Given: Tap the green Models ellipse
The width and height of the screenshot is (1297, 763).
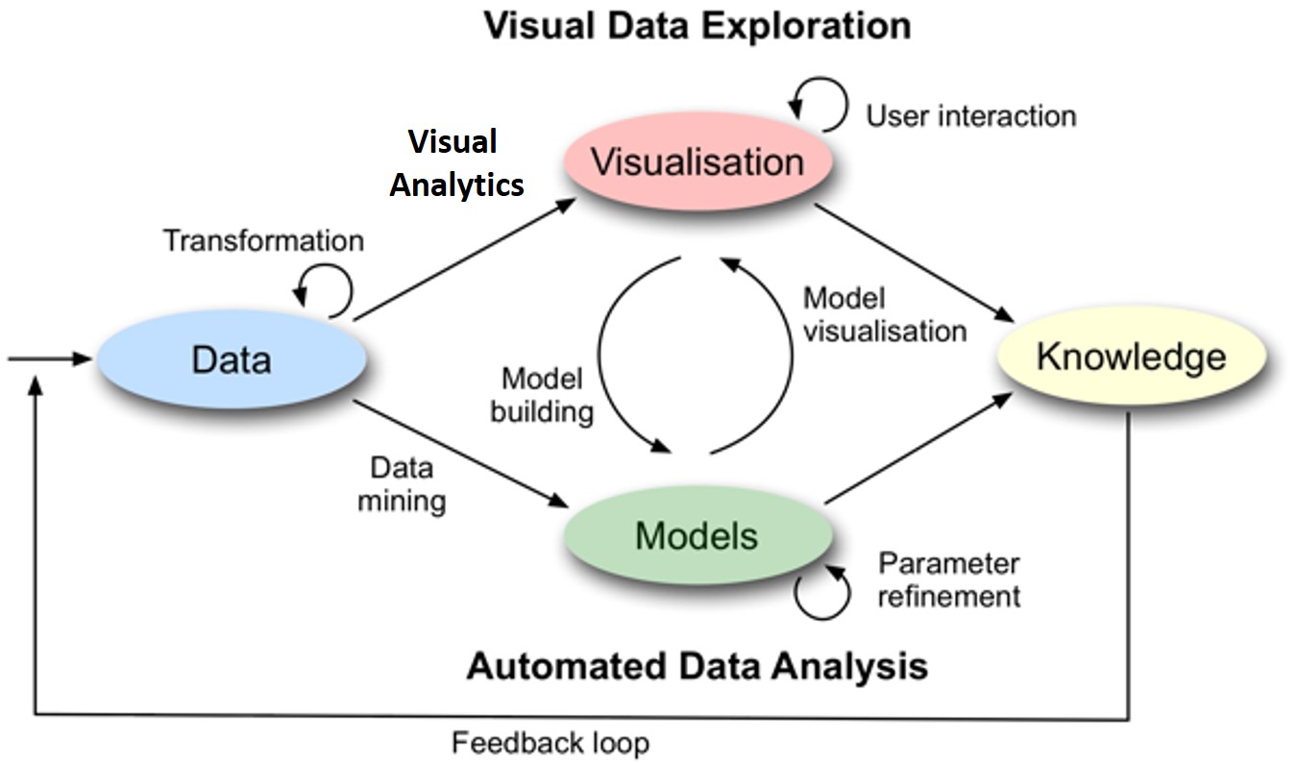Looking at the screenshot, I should pyautogui.click(x=697, y=535).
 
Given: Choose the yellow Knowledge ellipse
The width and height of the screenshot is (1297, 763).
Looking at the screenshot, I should pyautogui.click(x=1131, y=357).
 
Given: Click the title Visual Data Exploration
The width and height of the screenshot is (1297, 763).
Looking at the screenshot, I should pyautogui.click(x=697, y=26).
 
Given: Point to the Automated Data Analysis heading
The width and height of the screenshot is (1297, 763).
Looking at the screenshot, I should pyautogui.click(x=697, y=666).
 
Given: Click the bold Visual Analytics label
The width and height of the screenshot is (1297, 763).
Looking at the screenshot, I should pyautogui.click(x=456, y=162).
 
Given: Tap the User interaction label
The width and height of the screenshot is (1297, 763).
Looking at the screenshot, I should pyautogui.click(x=970, y=116).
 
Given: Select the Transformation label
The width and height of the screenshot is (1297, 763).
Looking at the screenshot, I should pyautogui.click(x=263, y=240).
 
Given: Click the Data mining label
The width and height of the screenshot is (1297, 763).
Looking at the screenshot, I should pyautogui.click(x=402, y=484).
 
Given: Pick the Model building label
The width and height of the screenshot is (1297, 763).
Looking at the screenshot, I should pyautogui.click(x=543, y=396).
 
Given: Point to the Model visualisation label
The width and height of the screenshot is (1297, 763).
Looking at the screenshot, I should pyautogui.click(x=884, y=314).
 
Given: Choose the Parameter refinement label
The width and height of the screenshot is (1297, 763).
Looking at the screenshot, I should pyautogui.click(x=949, y=579).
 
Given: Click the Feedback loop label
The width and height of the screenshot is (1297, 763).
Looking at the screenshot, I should pyautogui.click(x=551, y=743).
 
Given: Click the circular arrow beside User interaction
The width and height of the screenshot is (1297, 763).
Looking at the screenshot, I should pyautogui.click(x=819, y=104).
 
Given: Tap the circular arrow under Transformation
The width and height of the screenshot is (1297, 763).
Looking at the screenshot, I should pyautogui.click(x=324, y=289).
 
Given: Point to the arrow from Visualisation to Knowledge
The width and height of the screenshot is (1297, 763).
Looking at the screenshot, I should pyautogui.click(x=918, y=263).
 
